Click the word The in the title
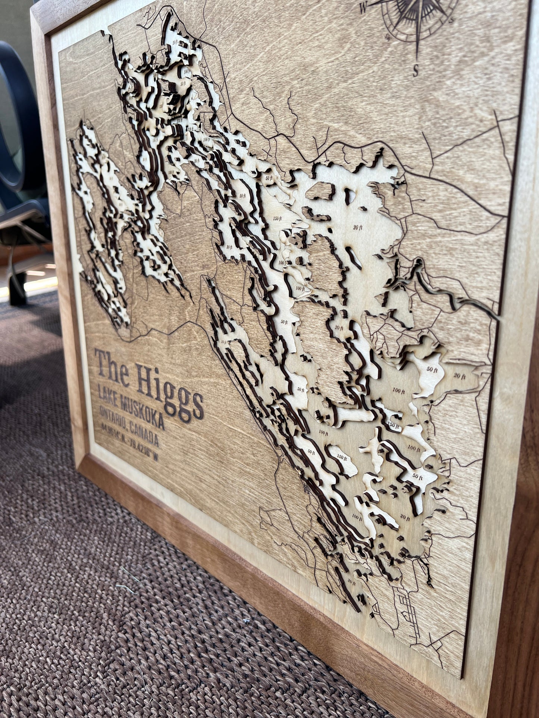[114, 367]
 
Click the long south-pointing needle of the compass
[419, 41]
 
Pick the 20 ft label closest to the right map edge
[460, 376]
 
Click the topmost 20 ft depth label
[176, 42]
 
